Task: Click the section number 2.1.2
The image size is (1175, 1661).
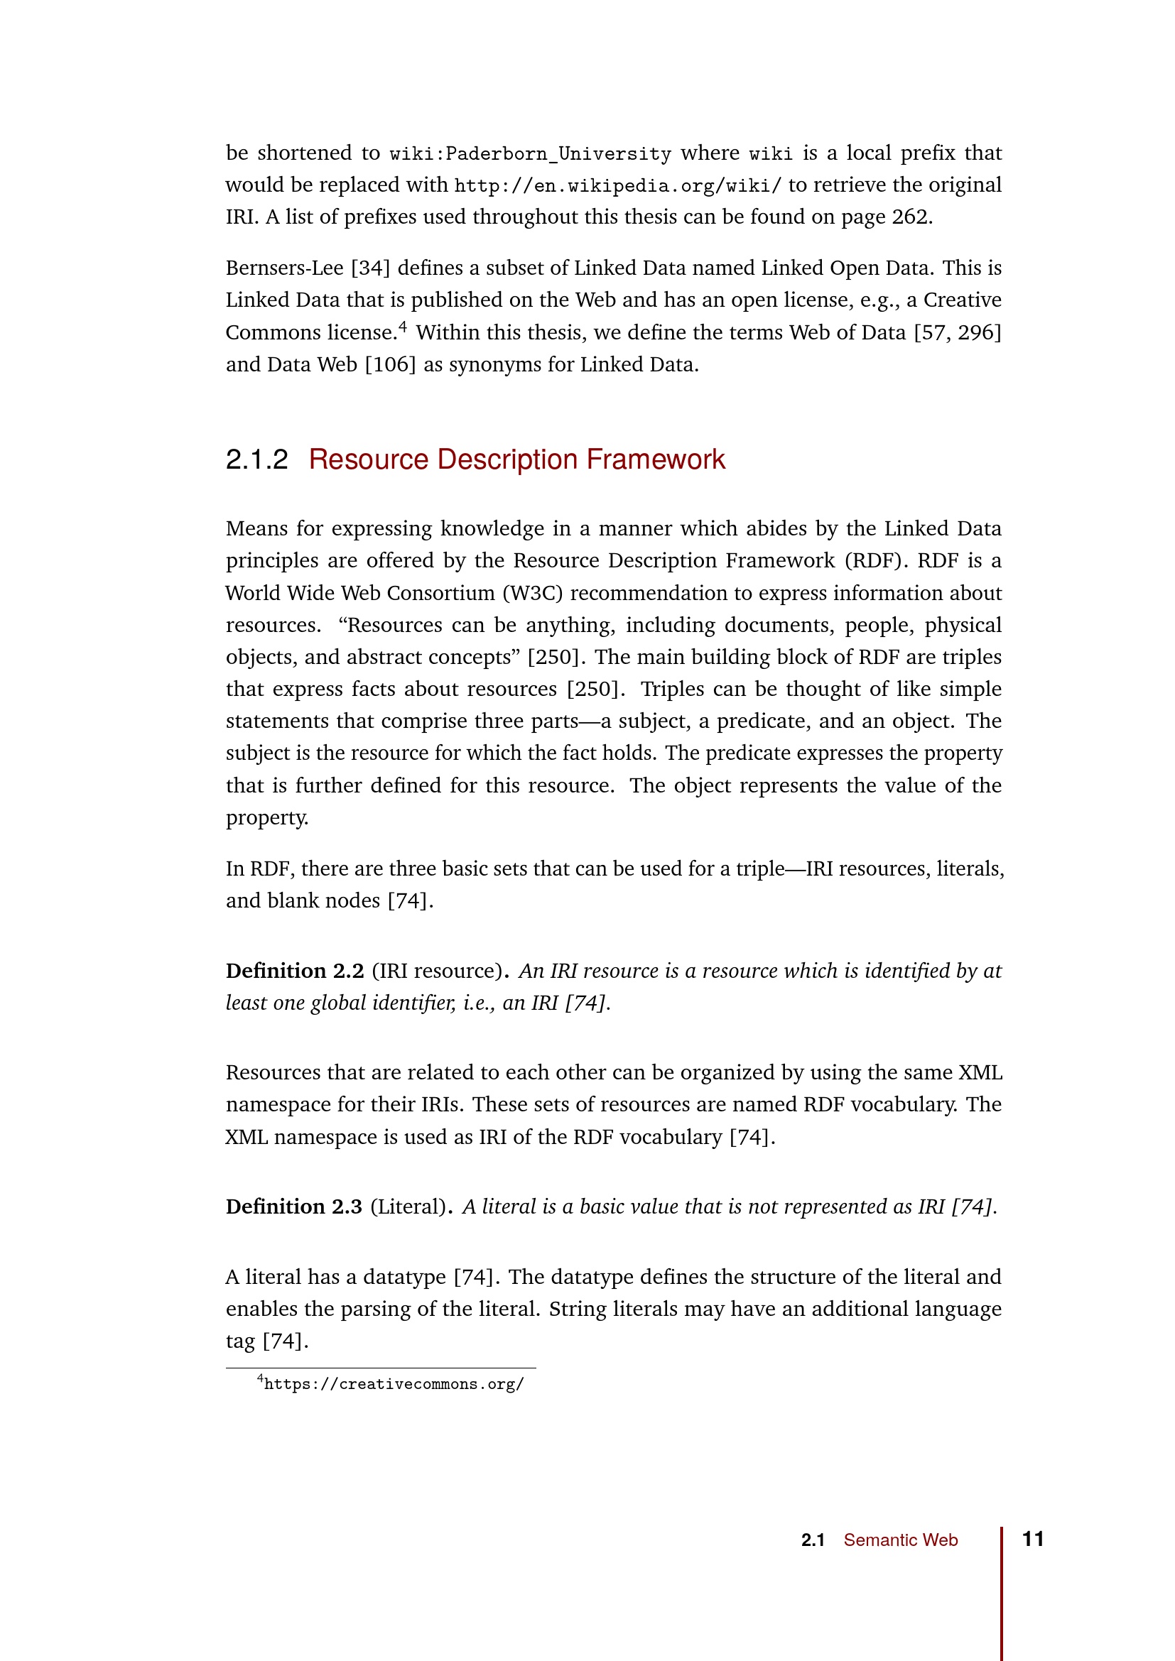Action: pyautogui.click(x=257, y=460)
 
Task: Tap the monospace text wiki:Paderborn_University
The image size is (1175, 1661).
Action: pyautogui.click(x=531, y=154)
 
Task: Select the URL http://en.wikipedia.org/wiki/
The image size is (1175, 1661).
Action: pyautogui.click(x=617, y=186)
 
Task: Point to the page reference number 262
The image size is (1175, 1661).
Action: pyautogui.click(x=909, y=217)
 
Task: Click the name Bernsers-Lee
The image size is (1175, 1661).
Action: pyautogui.click(x=284, y=268)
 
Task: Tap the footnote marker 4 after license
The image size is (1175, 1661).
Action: pyautogui.click(x=403, y=327)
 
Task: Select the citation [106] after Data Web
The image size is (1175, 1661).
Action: pyautogui.click(x=391, y=364)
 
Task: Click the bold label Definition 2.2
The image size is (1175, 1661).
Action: pyautogui.click(x=295, y=971)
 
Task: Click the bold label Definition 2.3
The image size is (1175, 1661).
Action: pyautogui.click(x=294, y=1207)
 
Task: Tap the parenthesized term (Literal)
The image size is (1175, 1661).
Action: pyautogui.click(x=408, y=1207)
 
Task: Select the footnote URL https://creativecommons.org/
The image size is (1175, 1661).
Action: pyautogui.click(x=394, y=1384)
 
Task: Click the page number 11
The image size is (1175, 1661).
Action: pyautogui.click(x=1032, y=1539)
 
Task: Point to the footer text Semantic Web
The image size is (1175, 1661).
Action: pyautogui.click(x=900, y=1540)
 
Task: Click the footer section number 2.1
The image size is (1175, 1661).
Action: pyautogui.click(x=813, y=1540)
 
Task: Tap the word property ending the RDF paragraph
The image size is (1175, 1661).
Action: pyautogui.click(x=266, y=818)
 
